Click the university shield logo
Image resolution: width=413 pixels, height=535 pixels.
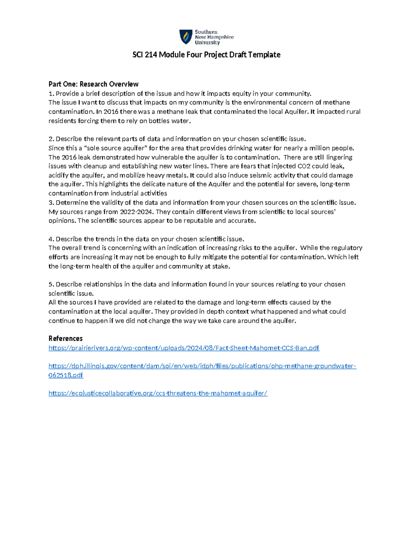(186, 37)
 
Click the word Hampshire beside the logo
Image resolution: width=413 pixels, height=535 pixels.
(219, 37)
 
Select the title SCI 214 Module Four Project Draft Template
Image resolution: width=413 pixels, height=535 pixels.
(206, 55)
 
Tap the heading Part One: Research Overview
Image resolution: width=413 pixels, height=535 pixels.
(93, 84)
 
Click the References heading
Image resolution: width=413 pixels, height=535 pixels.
(65, 338)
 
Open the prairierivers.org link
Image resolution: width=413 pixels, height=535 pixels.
(184, 348)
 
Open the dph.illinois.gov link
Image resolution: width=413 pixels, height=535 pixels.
(202, 366)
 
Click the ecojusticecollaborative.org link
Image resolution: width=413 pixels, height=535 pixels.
(158, 393)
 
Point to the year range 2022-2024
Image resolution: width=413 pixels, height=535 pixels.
(136, 212)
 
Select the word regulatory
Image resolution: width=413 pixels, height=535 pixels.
(346, 248)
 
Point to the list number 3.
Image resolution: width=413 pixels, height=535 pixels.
(51, 203)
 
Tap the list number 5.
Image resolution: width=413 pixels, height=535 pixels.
(51, 285)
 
